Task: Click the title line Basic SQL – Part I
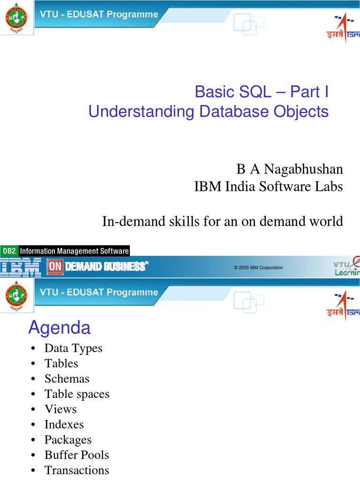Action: click(262, 92)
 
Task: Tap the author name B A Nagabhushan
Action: click(289, 169)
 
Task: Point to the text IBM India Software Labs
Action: click(268, 187)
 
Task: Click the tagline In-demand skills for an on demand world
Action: click(222, 221)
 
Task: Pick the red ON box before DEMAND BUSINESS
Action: click(54, 267)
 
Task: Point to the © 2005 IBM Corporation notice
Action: click(258, 268)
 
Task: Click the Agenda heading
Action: click(59, 328)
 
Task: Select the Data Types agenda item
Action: click(73, 348)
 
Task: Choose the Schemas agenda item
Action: click(67, 379)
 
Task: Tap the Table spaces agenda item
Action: click(77, 394)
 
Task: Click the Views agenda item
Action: click(60, 409)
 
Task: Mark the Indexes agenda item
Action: click(64, 425)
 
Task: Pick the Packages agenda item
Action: click(68, 440)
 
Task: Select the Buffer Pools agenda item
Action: click(76, 455)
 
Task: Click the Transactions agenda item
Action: click(77, 470)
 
